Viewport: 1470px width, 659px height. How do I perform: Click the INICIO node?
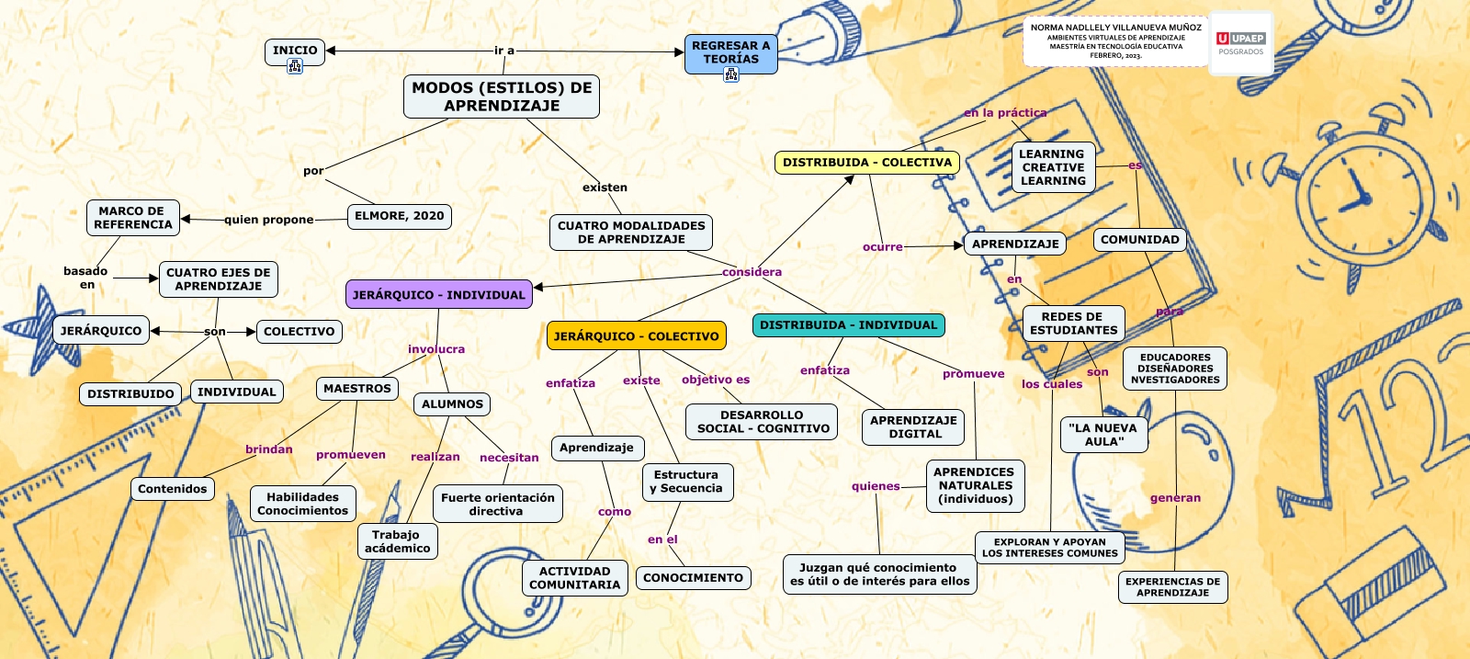coord(295,51)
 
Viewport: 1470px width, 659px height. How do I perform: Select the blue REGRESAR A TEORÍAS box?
coord(730,52)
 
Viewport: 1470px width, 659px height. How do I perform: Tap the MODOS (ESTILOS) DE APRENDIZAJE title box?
coord(502,97)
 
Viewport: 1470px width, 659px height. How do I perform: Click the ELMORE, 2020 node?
coord(399,216)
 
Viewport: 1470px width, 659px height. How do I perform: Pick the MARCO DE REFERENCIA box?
coord(133,218)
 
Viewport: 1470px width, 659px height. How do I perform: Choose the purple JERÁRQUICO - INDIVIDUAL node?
coord(439,295)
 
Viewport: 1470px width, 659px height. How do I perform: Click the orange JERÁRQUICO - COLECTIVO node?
coord(636,336)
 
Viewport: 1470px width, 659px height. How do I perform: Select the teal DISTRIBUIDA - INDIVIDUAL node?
coord(848,325)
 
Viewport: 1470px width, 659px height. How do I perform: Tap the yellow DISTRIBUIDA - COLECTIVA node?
coord(867,163)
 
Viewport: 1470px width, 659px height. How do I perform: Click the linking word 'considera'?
coord(752,272)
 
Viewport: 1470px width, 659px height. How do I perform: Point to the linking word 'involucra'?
coord(436,349)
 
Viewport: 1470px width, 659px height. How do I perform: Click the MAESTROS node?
coord(357,389)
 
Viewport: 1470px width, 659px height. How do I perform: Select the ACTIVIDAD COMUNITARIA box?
coord(575,578)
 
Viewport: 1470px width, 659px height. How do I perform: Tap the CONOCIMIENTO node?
coord(693,578)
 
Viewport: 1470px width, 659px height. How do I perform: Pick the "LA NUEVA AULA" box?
coord(1103,435)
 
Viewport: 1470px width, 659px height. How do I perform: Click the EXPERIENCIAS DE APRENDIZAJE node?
coord(1172,587)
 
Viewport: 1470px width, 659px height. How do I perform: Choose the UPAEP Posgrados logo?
coord(1240,43)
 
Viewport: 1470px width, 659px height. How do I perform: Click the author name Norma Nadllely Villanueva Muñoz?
coord(1115,28)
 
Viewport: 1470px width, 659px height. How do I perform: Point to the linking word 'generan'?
coord(1175,498)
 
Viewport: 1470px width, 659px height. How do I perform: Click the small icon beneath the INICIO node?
coord(295,66)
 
